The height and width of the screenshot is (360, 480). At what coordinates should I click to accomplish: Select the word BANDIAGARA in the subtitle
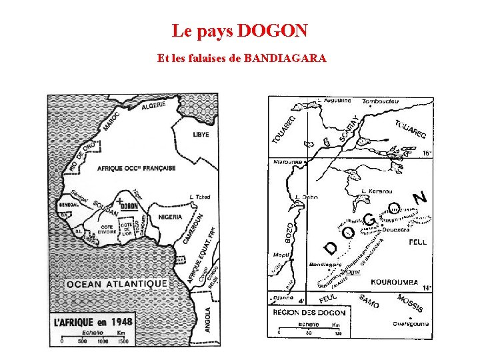click(285, 59)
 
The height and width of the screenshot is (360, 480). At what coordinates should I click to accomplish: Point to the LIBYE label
click(201, 135)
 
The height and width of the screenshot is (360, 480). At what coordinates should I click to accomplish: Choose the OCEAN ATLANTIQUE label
click(117, 283)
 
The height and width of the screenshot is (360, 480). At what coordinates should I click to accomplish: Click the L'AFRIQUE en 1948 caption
click(93, 321)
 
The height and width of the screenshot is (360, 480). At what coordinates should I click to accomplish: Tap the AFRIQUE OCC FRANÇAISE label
click(137, 168)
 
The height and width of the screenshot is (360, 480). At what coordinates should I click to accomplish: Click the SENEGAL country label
click(69, 205)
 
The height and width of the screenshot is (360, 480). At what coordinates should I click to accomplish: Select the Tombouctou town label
click(380, 102)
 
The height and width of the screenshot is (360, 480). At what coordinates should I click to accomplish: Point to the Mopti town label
click(281, 255)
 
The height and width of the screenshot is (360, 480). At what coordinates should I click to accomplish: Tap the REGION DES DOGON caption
click(310, 312)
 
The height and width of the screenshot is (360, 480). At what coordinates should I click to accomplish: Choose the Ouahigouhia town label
click(411, 325)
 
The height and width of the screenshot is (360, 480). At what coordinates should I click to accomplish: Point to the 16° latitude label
click(428, 153)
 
